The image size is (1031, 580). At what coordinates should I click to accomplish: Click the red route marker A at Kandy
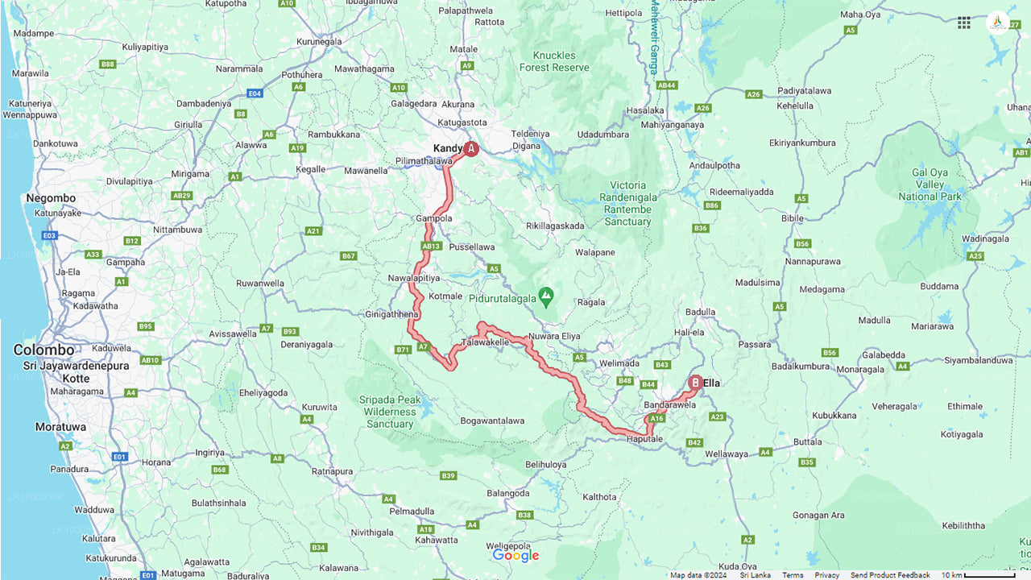tap(471, 148)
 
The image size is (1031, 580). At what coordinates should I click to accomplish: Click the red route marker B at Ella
tap(695, 383)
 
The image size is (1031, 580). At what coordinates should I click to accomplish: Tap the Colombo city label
tap(43, 350)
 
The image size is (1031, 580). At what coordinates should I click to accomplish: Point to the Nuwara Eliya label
tap(554, 336)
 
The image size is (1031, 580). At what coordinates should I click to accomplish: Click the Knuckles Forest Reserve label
tap(554, 61)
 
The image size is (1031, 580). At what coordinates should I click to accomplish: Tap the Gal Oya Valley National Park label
tap(930, 184)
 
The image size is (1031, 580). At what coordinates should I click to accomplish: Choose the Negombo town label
tap(51, 198)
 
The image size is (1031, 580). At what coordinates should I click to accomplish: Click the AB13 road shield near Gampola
tap(432, 246)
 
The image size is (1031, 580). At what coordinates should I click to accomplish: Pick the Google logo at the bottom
tap(515, 556)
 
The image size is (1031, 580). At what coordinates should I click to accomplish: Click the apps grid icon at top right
tap(963, 23)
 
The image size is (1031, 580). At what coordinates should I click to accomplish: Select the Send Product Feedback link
tap(889, 575)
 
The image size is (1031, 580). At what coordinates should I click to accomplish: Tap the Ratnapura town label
tap(333, 470)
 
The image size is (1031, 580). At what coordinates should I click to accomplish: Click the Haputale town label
tap(644, 438)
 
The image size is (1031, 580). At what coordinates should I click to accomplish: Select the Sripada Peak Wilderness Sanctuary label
tap(391, 412)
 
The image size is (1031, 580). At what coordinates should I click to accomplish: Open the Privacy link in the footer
tap(826, 575)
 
